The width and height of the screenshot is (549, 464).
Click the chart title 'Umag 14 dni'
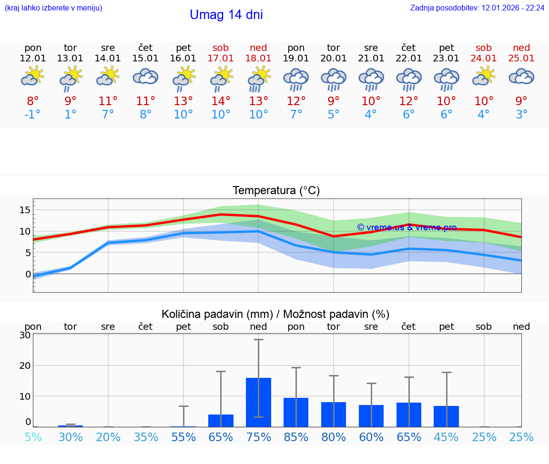pyautogui.click(x=226, y=15)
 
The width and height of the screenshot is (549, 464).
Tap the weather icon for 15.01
pyautogui.click(x=145, y=77)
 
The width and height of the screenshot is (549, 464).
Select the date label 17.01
pyautogui.click(x=221, y=58)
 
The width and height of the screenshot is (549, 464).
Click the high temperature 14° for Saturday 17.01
pyautogui.click(x=221, y=101)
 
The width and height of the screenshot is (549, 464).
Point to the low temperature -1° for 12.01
pyautogui.click(x=32, y=115)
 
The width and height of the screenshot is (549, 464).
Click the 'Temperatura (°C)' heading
pyautogui.click(x=276, y=191)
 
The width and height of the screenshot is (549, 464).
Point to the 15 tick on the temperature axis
pyautogui.click(x=25, y=210)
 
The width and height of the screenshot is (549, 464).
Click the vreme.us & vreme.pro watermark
pyautogui.click(x=407, y=227)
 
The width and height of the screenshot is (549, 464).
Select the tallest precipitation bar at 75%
pyautogui.click(x=258, y=402)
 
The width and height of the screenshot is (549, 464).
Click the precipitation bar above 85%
pyautogui.click(x=296, y=412)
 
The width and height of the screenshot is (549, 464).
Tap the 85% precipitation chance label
pyautogui.click(x=296, y=437)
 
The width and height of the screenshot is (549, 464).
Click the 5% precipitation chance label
pyautogui.click(x=33, y=437)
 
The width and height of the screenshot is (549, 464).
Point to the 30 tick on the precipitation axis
pyautogui.click(x=25, y=335)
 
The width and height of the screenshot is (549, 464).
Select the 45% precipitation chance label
pyautogui.click(x=446, y=437)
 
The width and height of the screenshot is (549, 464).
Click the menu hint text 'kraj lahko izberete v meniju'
pyautogui.click(x=53, y=8)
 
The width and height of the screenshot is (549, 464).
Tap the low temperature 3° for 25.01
pyautogui.click(x=521, y=115)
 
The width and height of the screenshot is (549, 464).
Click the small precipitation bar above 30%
pyautogui.click(x=71, y=426)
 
